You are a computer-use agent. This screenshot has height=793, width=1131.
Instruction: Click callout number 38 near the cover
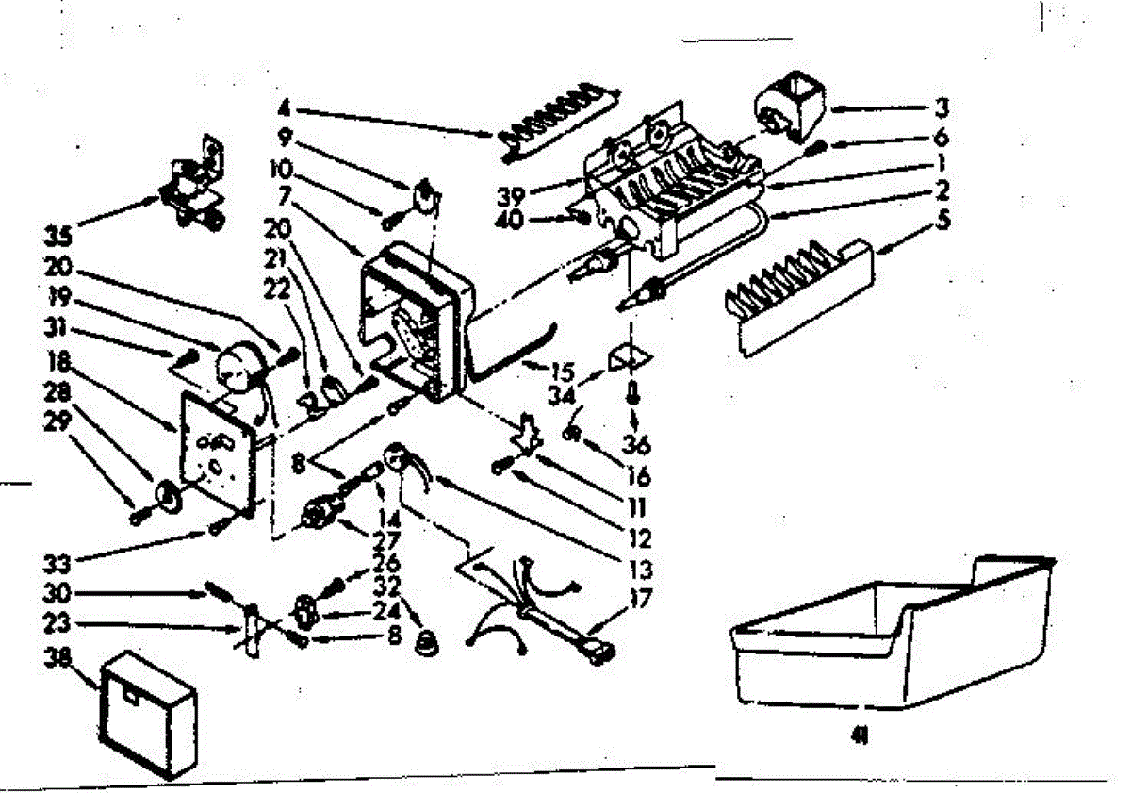pyautogui.click(x=59, y=660)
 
